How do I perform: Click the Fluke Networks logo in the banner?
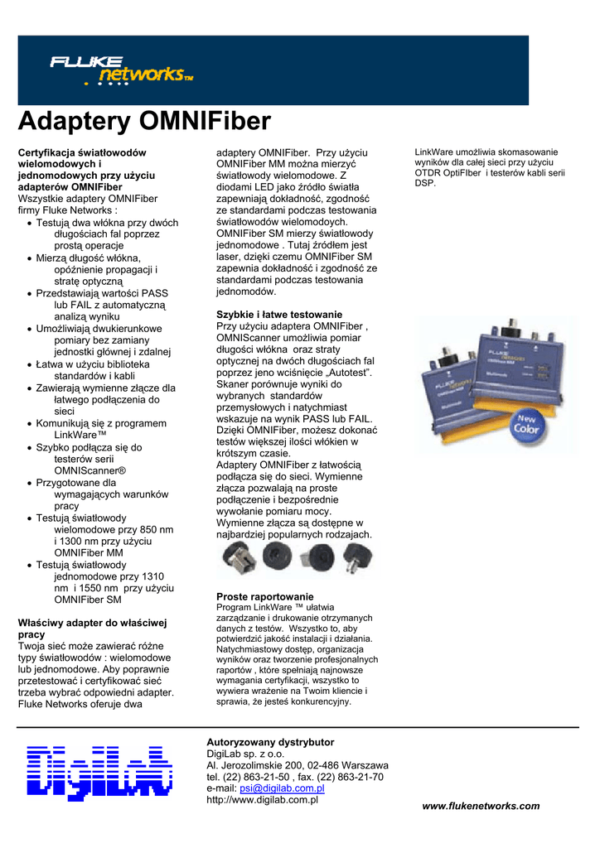[121, 70]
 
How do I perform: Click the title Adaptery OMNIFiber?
[144, 123]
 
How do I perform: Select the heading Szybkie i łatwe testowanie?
[279, 315]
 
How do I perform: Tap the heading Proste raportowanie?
[265, 596]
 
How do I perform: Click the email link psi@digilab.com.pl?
[282, 788]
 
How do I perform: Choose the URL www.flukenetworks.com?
[481, 806]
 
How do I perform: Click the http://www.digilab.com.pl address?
[263, 800]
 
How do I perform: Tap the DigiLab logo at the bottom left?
[99, 773]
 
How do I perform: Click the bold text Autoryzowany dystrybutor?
[270, 742]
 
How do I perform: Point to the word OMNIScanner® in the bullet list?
[90, 470]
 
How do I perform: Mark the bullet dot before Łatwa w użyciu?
[30, 364]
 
